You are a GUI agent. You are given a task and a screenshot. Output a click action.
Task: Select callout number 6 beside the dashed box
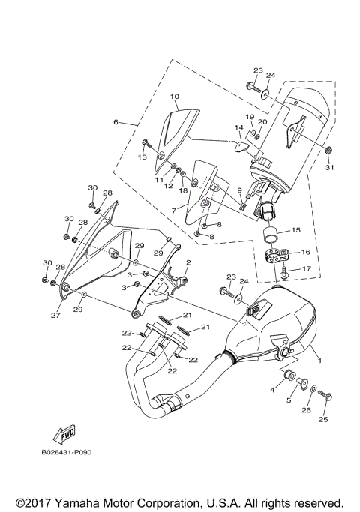pos(117,121)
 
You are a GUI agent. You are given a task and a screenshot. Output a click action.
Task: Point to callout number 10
pos(174,97)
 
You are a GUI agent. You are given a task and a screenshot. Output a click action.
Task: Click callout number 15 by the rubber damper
pos(295,230)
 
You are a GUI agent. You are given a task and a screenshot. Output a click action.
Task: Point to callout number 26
pos(305,409)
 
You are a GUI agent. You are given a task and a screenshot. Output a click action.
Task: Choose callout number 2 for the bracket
pos(188,263)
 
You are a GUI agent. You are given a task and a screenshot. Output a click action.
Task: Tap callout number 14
pos(238,128)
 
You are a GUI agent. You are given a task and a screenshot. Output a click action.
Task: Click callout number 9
pos(239,191)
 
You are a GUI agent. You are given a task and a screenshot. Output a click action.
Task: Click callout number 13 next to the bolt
pos(141,157)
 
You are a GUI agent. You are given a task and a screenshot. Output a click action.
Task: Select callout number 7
pos(173,212)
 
